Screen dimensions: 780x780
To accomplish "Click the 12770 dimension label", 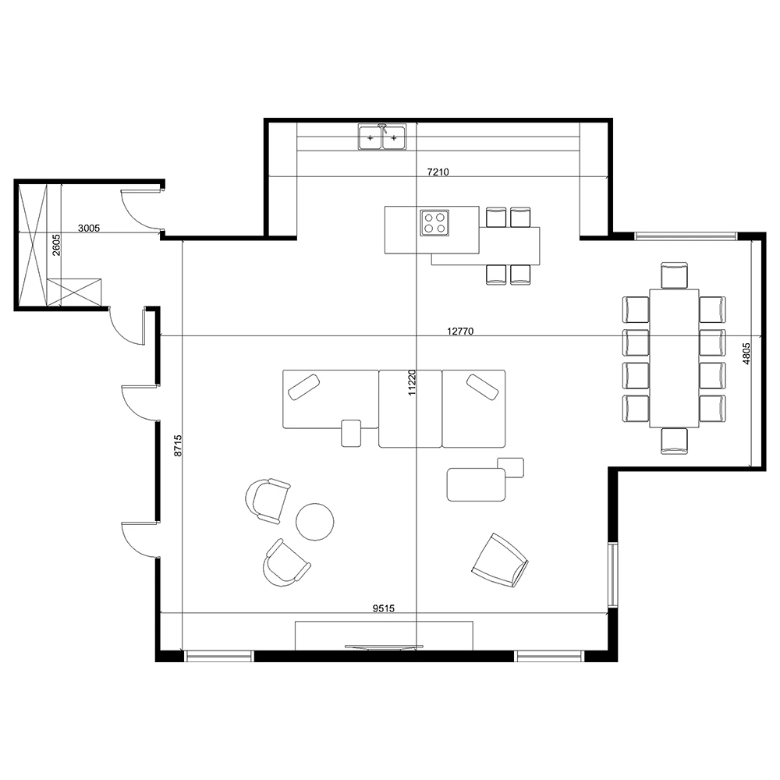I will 460,331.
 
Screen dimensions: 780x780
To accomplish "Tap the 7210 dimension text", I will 438,171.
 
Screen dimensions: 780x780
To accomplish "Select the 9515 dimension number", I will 383,608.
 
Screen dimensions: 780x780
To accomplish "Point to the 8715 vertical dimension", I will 178,445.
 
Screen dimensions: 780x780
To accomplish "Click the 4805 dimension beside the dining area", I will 746,355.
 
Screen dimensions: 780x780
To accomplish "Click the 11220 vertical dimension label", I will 412,384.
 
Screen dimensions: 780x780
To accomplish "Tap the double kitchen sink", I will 382,137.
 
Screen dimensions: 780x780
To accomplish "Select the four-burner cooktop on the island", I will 435,222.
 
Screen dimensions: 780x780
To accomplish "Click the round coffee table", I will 315,522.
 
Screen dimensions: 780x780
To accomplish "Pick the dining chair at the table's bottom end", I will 674,441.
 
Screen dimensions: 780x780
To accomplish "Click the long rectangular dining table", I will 674,357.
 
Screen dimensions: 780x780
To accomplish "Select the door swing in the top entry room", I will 138,211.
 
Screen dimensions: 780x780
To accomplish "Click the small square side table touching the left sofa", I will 351,432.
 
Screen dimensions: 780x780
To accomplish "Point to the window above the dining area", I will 685,236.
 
